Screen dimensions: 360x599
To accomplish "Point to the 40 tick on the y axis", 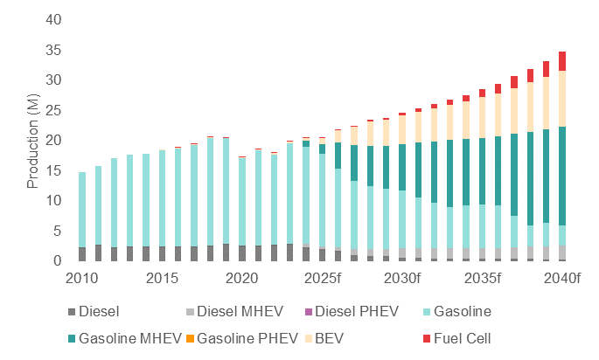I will click(x=54, y=19).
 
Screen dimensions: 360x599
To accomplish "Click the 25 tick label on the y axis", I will click(x=54, y=110).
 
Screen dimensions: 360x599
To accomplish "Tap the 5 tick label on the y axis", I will click(x=58, y=231).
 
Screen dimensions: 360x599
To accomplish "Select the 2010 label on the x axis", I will click(x=81, y=277).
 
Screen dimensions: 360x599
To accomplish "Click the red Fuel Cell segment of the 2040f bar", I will click(x=562, y=61).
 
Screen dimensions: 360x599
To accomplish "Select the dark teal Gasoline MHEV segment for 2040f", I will click(x=562, y=175).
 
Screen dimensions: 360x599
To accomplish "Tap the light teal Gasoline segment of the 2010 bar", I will click(x=82, y=210).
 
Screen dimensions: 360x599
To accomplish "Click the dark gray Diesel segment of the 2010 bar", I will click(x=82, y=254).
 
